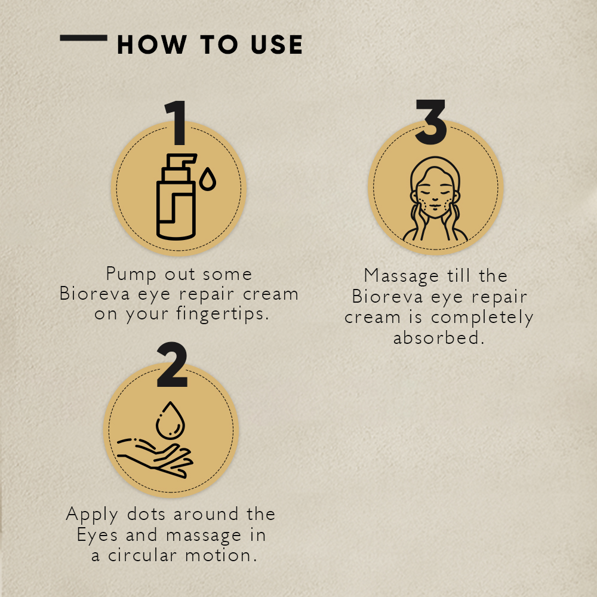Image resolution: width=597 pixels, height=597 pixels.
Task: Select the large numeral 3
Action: (431, 123)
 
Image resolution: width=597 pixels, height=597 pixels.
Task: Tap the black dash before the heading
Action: (84, 38)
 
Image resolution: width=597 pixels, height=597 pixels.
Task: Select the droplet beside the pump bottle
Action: (207, 179)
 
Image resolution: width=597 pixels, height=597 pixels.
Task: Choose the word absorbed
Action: (438, 337)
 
